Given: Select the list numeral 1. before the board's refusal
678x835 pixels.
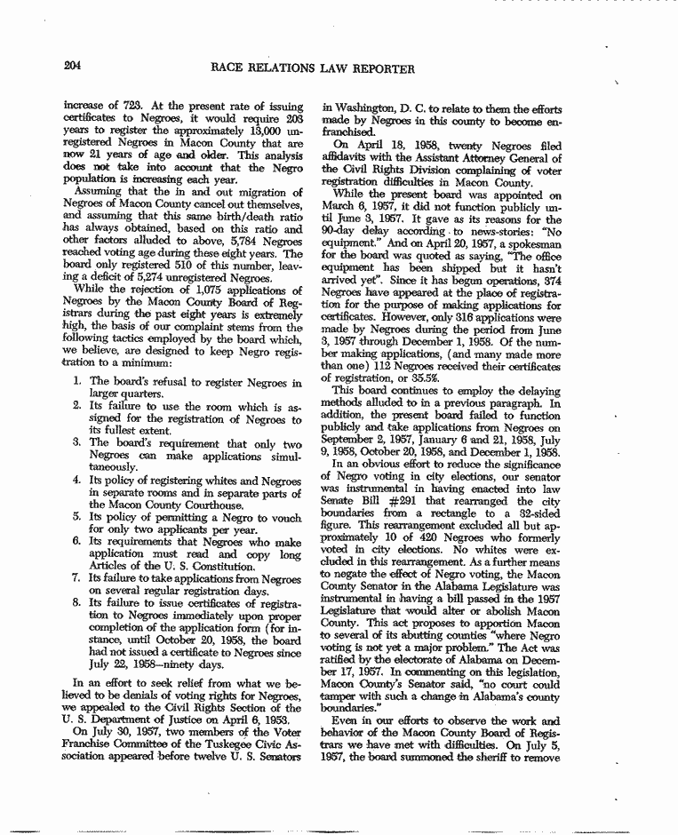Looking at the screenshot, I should pyautogui.click(x=78, y=383).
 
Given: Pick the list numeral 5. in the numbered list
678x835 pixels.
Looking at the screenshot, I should pyautogui.click(x=78, y=516).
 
